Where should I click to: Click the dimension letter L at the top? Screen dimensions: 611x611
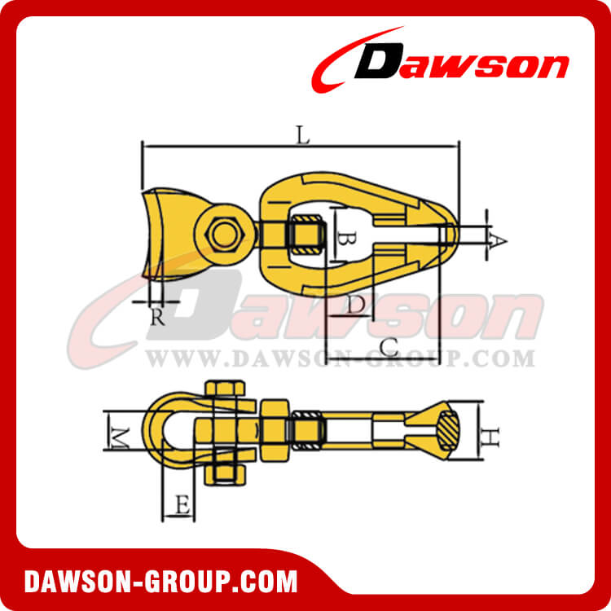(303, 136)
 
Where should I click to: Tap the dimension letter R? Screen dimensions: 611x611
(158, 317)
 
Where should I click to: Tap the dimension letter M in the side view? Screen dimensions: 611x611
(120, 438)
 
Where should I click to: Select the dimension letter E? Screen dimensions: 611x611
(182, 506)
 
